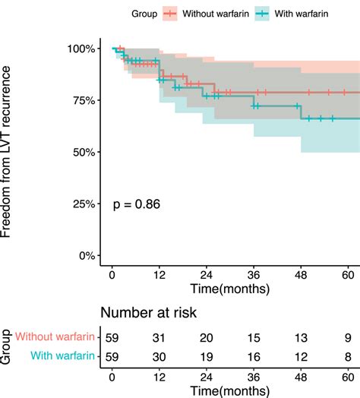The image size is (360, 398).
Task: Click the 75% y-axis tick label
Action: (82, 100)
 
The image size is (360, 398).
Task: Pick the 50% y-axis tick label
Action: (82, 152)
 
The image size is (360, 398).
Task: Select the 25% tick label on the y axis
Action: (82, 204)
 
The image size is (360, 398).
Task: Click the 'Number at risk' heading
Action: (150, 311)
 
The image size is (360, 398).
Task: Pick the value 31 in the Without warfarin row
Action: (159, 337)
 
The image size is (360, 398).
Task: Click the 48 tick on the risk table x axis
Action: (302, 374)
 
